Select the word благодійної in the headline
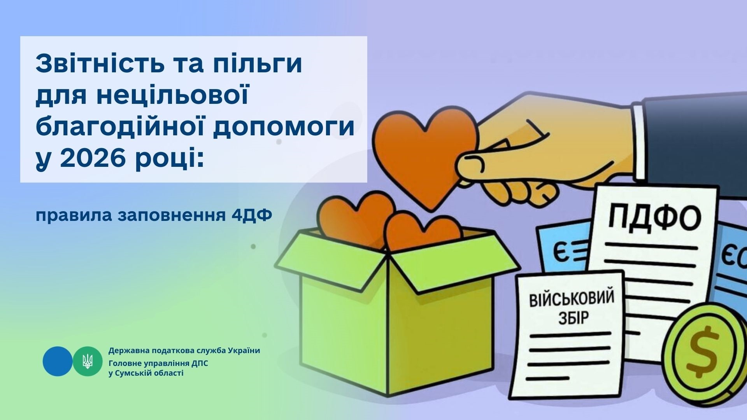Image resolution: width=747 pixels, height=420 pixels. click(119, 128)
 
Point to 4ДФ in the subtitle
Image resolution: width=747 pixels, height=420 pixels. click(251, 215)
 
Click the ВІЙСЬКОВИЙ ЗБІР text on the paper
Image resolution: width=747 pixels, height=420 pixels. click(571, 307)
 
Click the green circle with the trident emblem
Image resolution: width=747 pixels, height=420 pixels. click(88, 361)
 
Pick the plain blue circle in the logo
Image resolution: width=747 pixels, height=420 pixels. click(58, 361)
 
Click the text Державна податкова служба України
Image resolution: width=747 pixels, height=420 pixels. click(184, 350)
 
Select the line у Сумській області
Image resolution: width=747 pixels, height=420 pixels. click(146, 373)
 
